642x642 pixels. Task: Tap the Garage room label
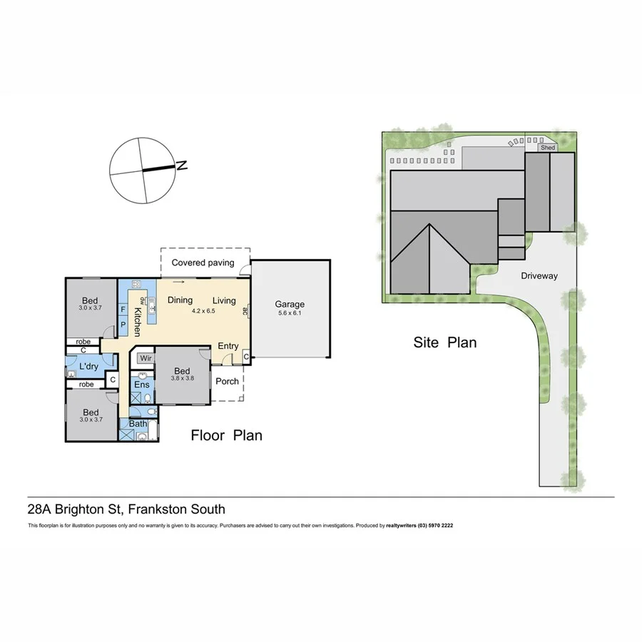(x=291, y=304)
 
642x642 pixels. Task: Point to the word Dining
(x=180, y=300)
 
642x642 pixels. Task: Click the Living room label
(x=224, y=300)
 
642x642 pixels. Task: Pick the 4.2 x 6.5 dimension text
(x=203, y=311)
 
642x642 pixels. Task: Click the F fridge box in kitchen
(x=123, y=310)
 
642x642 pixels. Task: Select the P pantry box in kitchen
(x=123, y=324)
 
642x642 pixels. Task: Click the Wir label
(x=146, y=357)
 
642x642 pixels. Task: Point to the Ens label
(x=143, y=385)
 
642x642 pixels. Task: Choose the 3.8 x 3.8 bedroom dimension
(x=182, y=379)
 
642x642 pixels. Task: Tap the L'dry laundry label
(x=88, y=366)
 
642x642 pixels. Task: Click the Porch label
(x=228, y=381)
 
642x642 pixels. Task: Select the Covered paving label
(x=203, y=263)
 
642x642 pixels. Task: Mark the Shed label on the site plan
(x=547, y=148)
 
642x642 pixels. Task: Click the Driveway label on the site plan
(x=539, y=275)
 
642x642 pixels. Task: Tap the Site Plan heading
(x=445, y=342)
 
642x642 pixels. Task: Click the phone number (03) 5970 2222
(x=430, y=525)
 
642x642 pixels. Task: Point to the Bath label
(x=138, y=424)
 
